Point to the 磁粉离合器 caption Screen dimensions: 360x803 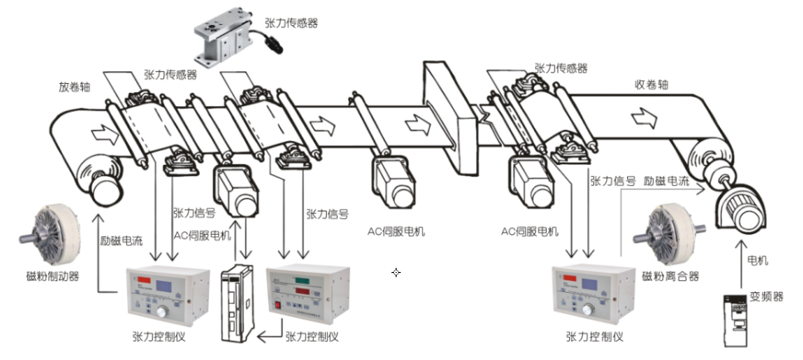(670, 275)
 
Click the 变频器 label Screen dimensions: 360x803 (766, 296)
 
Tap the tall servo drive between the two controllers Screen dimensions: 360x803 (237, 304)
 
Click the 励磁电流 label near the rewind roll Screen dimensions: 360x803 (666, 179)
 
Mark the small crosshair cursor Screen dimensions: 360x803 (397, 272)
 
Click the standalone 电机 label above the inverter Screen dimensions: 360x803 (757, 260)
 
